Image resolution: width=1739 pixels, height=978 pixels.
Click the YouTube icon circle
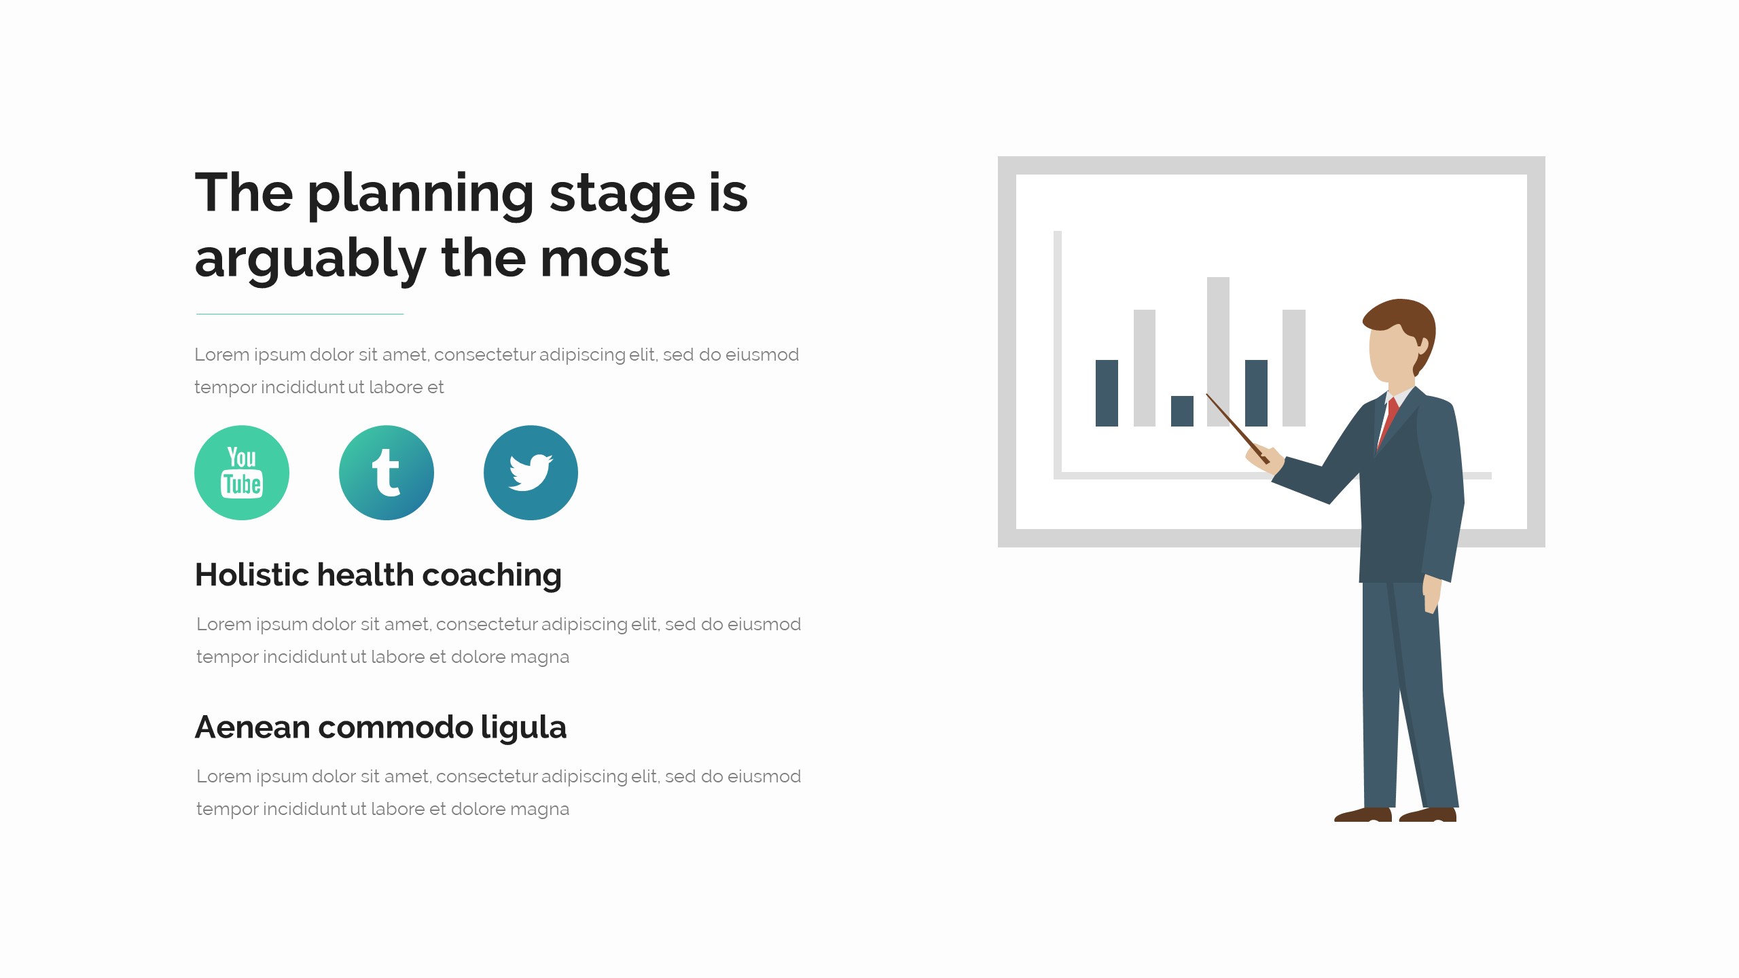click(242, 473)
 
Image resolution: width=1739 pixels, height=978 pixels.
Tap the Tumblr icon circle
click(387, 473)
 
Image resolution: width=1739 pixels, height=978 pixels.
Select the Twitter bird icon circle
click(531, 473)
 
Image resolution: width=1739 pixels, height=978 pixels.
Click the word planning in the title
click(421, 196)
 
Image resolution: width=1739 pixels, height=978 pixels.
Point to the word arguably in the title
click(310, 261)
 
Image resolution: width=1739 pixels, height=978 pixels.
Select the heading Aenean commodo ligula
click(380, 728)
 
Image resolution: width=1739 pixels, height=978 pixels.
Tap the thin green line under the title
click(300, 314)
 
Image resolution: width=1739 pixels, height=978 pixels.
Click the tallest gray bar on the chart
click(1218, 352)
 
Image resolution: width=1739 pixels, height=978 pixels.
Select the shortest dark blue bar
click(1182, 411)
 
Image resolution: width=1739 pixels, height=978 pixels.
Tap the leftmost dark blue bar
click(1107, 393)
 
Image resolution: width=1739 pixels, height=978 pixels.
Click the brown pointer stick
click(1238, 429)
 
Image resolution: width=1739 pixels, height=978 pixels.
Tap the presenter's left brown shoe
click(1363, 814)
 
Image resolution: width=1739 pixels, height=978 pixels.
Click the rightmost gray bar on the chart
click(1294, 368)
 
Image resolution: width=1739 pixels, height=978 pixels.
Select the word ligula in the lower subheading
click(524, 728)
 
